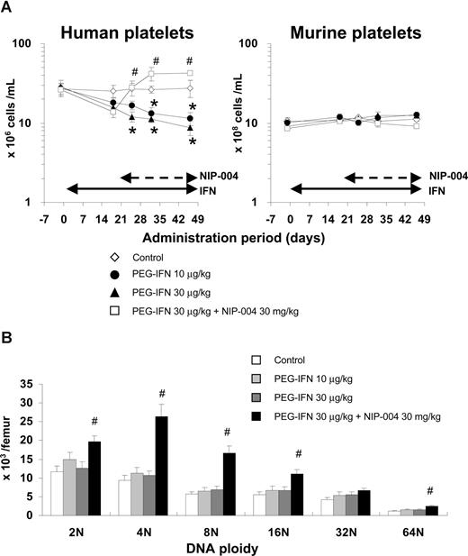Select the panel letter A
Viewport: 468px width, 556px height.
click(x=9, y=10)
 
